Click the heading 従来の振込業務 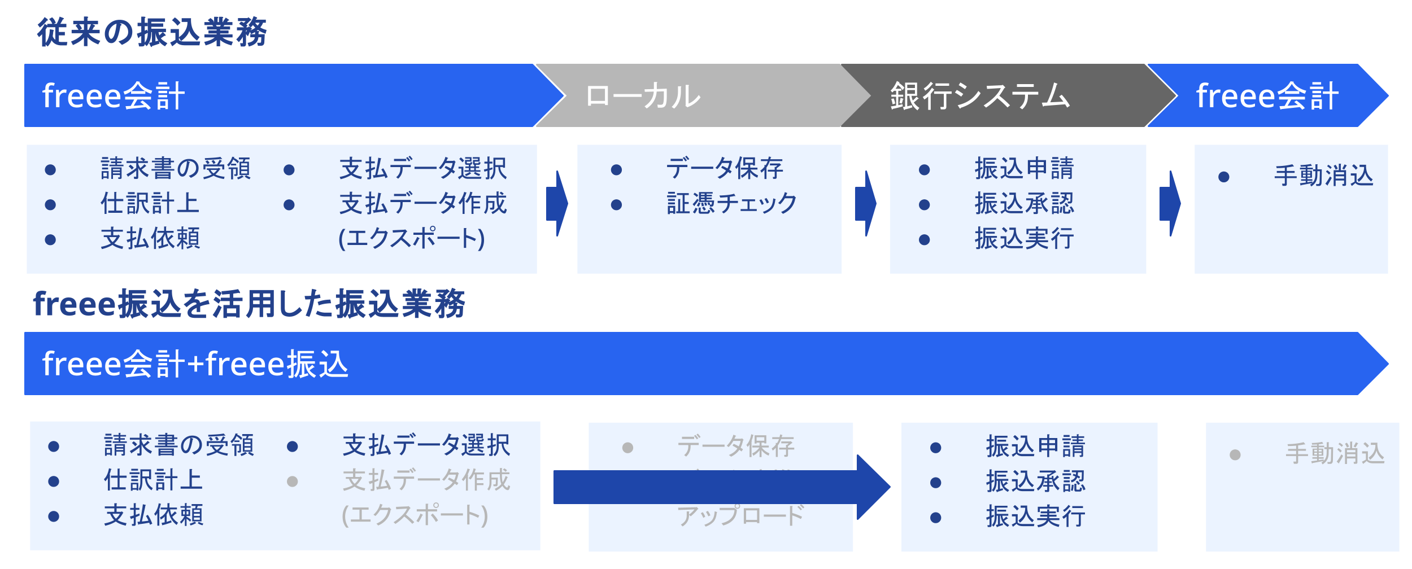[x=152, y=32]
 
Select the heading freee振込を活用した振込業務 [x=249, y=304]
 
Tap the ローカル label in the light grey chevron [x=643, y=96]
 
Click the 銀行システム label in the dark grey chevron [x=980, y=96]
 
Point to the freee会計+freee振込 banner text [x=195, y=364]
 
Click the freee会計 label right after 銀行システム [x=1267, y=96]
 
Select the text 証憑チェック [x=731, y=204]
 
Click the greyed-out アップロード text [x=740, y=516]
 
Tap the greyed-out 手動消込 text [x=1335, y=454]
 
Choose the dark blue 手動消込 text [x=1323, y=176]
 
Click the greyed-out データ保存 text [x=736, y=447]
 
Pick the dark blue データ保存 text [x=725, y=169]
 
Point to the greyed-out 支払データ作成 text [x=426, y=481]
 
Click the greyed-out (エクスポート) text [x=415, y=515]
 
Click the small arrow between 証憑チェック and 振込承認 [x=865, y=204]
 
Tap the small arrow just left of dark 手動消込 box [x=1170, y=204]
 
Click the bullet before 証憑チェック [x=616, y=205]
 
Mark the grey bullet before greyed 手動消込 [x=1235, y=455]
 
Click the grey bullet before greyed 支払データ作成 [x=292, y=482]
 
